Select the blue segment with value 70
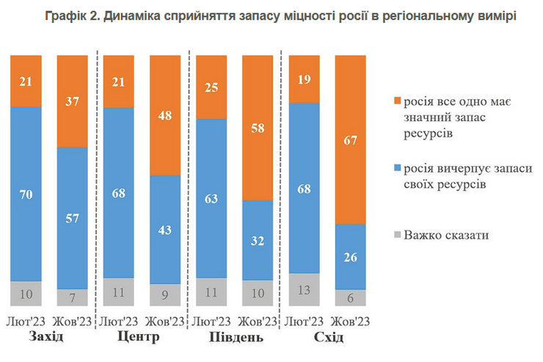click(x=26, y=194)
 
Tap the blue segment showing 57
click(x=72, y=218)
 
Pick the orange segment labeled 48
click(x=164, y=116)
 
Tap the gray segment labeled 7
click(x=72, y=297)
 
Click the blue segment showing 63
click(x=211, y=198)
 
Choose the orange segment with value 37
click(x=72, y=102)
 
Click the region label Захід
click(x=46, y=337)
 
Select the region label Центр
click(x=139, y=337)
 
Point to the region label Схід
click(x=327, y=337)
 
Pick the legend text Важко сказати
click(x=446, y=235)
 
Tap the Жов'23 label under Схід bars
click(x=349, y=321)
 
